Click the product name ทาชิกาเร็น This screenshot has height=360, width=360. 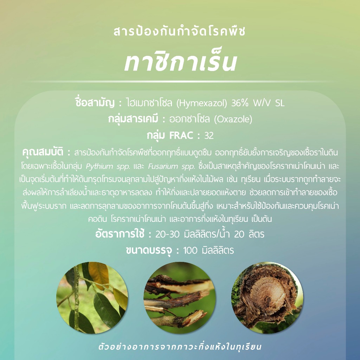coord(180,60)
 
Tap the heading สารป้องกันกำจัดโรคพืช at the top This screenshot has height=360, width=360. coord(180,31)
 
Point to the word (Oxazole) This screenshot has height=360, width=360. coord(233,119)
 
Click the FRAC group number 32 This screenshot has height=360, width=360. coord(209,135)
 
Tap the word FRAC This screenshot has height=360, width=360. coord(181,135)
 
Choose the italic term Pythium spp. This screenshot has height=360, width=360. coord(108,166)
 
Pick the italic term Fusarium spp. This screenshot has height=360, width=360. coord(172,166)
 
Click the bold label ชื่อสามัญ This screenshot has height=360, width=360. coord(95,103)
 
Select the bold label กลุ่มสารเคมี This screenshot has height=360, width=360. coord(133,119)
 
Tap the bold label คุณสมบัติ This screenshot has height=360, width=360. coord(43,152)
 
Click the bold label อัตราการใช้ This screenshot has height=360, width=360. coord(120,234)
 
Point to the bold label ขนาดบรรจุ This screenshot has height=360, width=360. coord(149,250)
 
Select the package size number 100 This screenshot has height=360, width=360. coord(190,250)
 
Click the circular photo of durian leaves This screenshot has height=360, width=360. coord(92,298)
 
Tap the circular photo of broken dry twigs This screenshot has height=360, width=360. coord(180,298)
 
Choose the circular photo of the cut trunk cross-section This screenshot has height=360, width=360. coord(267,298)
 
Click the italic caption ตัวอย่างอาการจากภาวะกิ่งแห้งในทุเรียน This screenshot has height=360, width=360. coord(180,347)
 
